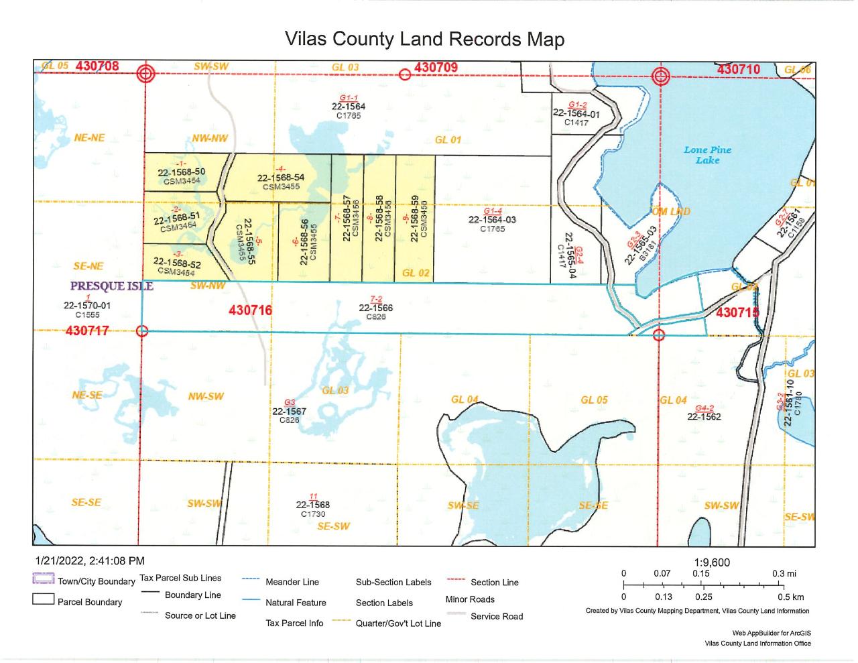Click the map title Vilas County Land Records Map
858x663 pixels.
424,39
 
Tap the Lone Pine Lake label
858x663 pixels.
707,155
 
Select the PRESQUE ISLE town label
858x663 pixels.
112,286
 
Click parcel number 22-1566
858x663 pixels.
375,308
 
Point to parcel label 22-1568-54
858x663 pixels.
281,178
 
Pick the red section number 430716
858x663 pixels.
250,310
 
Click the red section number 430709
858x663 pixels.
436,67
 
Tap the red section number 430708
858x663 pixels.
97,66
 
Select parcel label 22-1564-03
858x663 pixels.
492,219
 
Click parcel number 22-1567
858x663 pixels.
289,412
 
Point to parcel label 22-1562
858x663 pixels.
704,416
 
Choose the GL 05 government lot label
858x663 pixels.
594,400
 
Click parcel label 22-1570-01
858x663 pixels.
87,305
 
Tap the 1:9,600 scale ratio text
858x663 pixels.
713,562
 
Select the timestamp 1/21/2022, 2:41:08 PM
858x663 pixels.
89,560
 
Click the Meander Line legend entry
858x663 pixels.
292,582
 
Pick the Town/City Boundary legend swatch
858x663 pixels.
43,581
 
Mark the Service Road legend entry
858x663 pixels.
496,616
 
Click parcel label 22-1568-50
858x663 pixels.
181,172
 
